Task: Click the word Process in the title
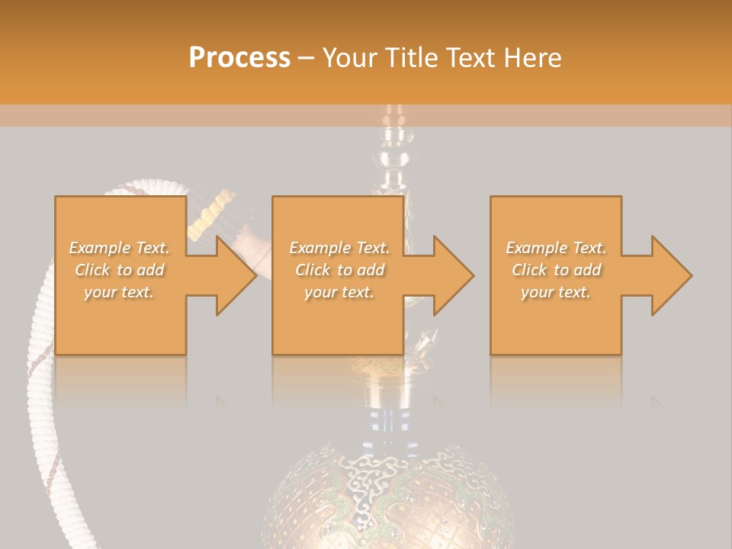(x=239, y=57)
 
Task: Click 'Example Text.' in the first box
(x=119, y=248)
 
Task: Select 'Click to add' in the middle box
(x=339, y=270)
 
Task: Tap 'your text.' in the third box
(x=556, y=292)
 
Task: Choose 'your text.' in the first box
(x=119, y=292)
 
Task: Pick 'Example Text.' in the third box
(x=556, y=248)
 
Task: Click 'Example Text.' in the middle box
(x=339, y=248)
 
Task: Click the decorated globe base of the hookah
(x=389, y=496)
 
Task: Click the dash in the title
(x=306, y=57)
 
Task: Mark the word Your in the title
(x=348, y=57)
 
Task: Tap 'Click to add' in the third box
(x=556, y=270)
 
